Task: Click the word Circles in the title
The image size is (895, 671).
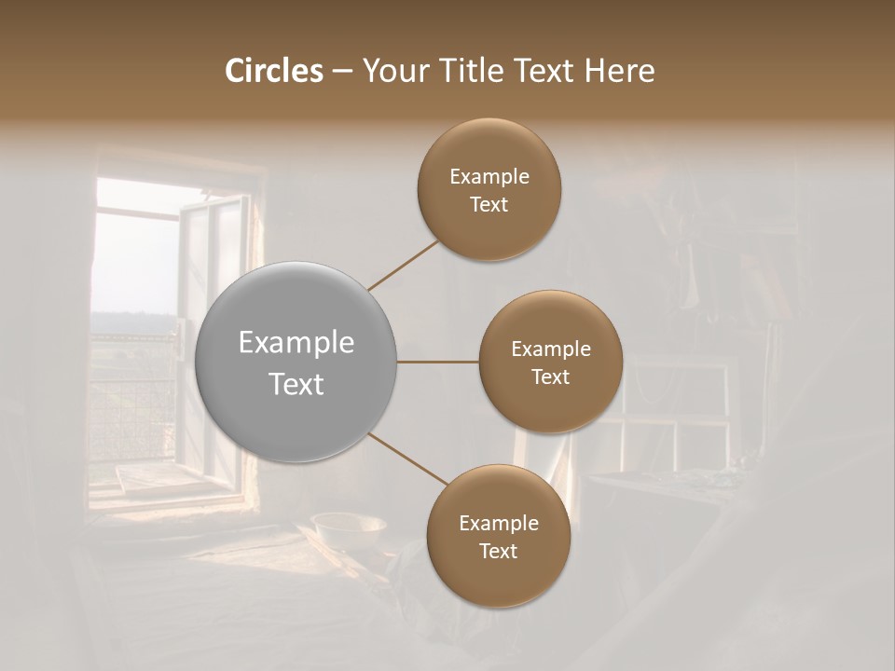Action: (274, 71)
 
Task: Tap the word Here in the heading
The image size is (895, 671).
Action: (619, 71)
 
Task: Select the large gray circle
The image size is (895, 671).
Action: (296, 363)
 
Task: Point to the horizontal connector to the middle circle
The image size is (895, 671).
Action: (438, 362)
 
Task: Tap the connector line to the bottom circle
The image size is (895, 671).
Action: (408, 459)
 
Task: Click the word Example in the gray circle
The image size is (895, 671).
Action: (296, 343)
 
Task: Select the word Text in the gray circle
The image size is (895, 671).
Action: (296, 384)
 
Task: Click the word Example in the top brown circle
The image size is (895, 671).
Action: (489, 177)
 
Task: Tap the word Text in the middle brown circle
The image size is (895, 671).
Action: (550, 377)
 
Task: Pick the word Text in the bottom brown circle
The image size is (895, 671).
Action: (499, 551)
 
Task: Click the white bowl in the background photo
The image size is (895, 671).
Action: (349, 529)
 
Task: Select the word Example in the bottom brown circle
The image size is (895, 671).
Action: (499, 524)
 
